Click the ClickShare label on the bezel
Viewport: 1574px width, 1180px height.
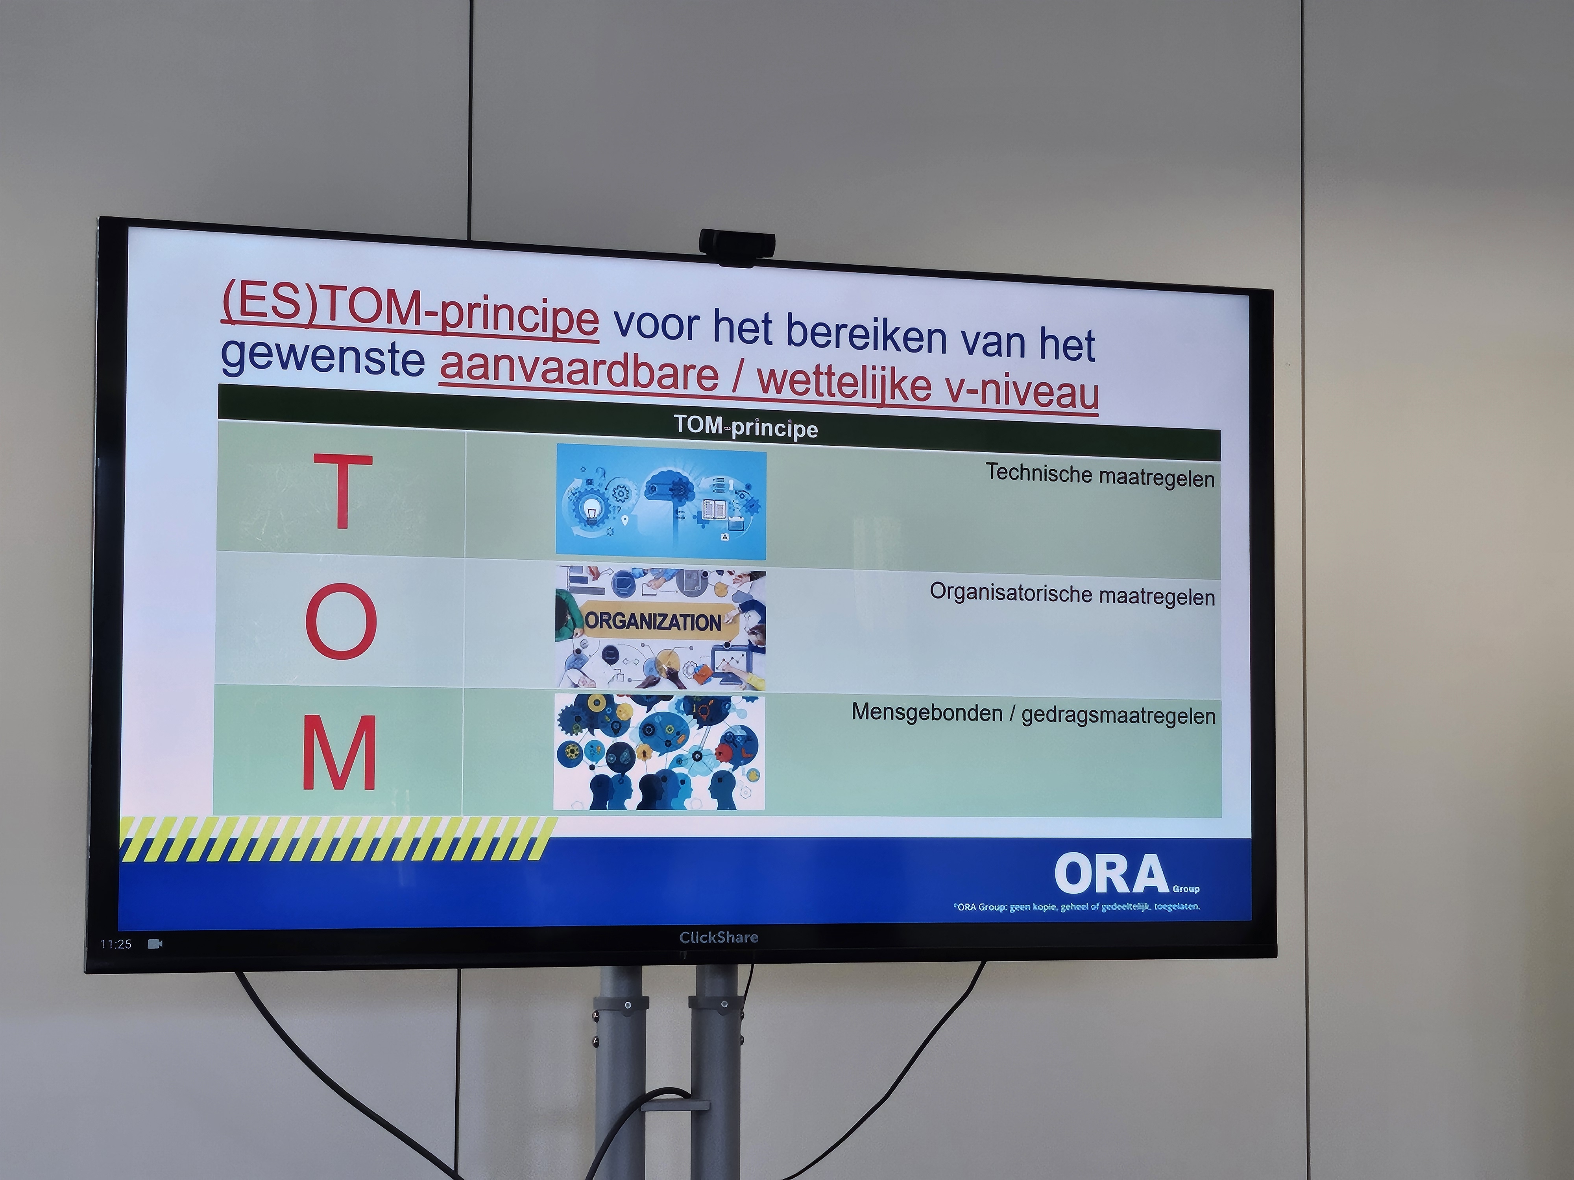(719, 937)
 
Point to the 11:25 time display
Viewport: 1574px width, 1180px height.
(116, 944)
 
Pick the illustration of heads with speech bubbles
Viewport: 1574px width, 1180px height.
(660, 752)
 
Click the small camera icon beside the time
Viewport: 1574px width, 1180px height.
(155, 944)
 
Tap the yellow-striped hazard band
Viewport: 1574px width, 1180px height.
(338, 839)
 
